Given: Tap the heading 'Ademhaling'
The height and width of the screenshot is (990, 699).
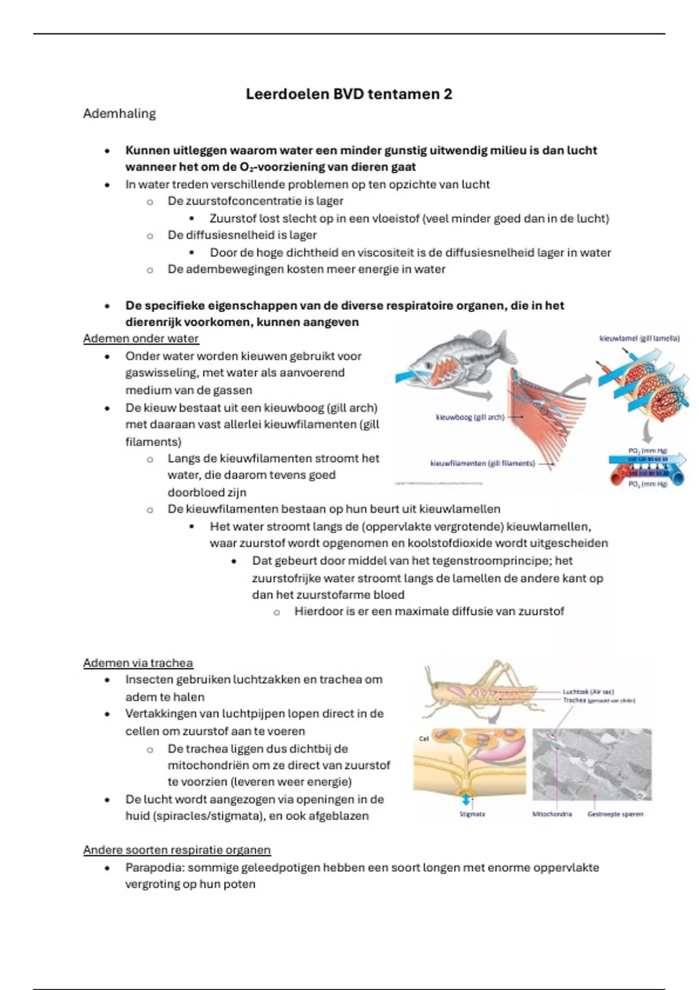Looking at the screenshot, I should click(119, 114).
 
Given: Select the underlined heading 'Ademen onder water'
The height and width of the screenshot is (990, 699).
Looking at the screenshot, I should click(141, 339).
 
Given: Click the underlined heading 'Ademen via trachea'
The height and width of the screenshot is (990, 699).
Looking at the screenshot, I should click(138, 663).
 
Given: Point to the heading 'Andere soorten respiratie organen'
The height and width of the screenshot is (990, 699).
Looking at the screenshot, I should click(177, 850).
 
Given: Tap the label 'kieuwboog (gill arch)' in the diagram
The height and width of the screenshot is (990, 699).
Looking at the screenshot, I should click(470, 418).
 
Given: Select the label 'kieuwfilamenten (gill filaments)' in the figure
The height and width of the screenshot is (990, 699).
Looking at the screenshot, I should click(482, 464).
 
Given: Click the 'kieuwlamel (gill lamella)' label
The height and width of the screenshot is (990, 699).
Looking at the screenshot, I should click(640, 338).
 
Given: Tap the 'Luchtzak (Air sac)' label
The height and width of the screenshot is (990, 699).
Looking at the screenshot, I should click(588, 692).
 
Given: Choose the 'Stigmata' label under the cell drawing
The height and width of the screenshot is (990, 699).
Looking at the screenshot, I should click(472, 814).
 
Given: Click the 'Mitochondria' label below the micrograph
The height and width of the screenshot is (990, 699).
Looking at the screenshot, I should click(552, 814).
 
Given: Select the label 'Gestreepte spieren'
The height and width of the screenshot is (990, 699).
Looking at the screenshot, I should click(615, 814).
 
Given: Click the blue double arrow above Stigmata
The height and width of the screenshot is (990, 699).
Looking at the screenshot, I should click(466, 800).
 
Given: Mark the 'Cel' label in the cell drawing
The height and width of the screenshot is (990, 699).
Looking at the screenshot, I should click(423, 738).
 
